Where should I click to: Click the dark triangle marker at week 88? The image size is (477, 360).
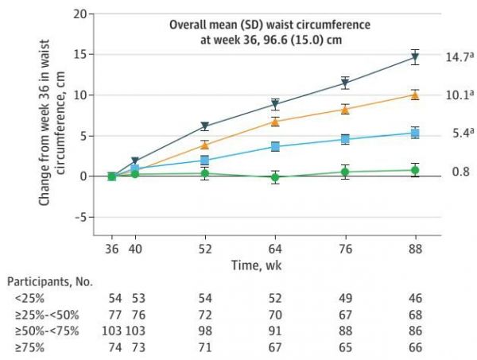pos(414,57)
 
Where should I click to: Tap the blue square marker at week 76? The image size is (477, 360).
pos(345,139)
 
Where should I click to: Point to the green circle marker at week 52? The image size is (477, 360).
pos(204,173)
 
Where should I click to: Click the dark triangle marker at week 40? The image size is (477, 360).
pos(134,161)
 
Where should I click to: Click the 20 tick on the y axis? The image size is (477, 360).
pos(78,14)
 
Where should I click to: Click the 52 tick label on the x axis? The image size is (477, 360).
pos(204,248)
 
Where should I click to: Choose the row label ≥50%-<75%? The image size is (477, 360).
pos(41,328)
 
